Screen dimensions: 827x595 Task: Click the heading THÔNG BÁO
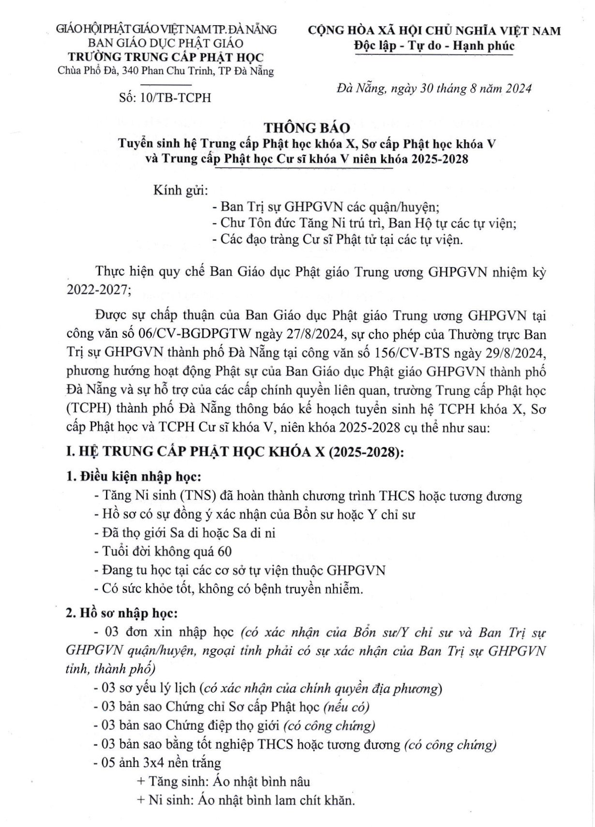[x=307, y=128]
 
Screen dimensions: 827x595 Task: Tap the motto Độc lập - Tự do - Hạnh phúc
[x=434, y=46]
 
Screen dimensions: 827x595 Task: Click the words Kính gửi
[x=180, y=190]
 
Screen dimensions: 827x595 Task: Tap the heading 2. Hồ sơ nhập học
[x=122, y=614]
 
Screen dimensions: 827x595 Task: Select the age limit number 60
[x=224, y=551]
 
